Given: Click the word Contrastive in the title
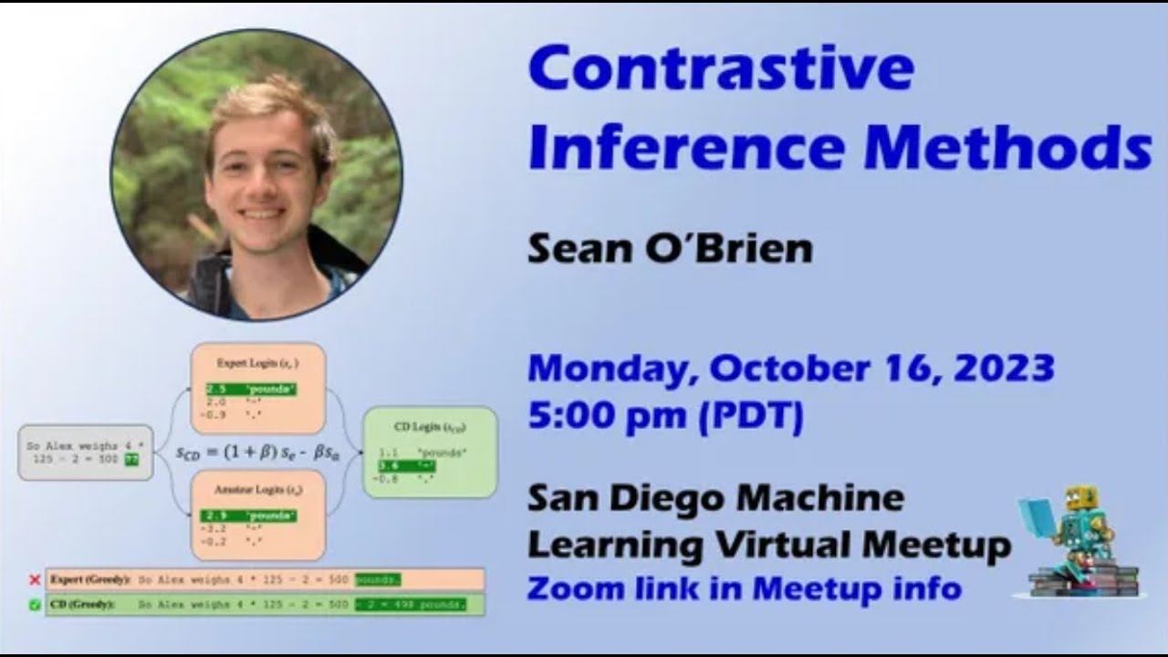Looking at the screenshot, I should click(x=721, y=68).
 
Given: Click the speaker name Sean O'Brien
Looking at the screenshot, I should click(x=670, y=247).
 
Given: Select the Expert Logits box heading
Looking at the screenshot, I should click(x=258, y=362).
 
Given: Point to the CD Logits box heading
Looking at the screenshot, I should click(x=430, y=426).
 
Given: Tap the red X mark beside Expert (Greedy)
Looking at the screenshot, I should click(x=35, y=579).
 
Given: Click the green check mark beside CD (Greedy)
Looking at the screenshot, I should click(x=35, y=604).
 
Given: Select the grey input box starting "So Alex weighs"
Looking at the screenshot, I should click(x=85, y=452).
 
